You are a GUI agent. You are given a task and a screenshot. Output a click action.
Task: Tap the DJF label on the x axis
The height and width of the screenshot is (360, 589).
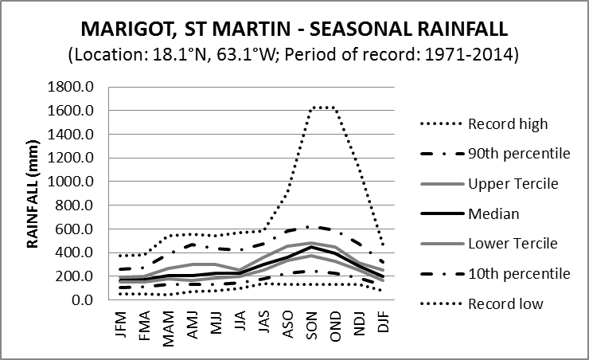coord(384,323)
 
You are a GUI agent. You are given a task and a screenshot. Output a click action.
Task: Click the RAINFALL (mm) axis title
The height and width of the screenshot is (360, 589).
coord(35,192)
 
